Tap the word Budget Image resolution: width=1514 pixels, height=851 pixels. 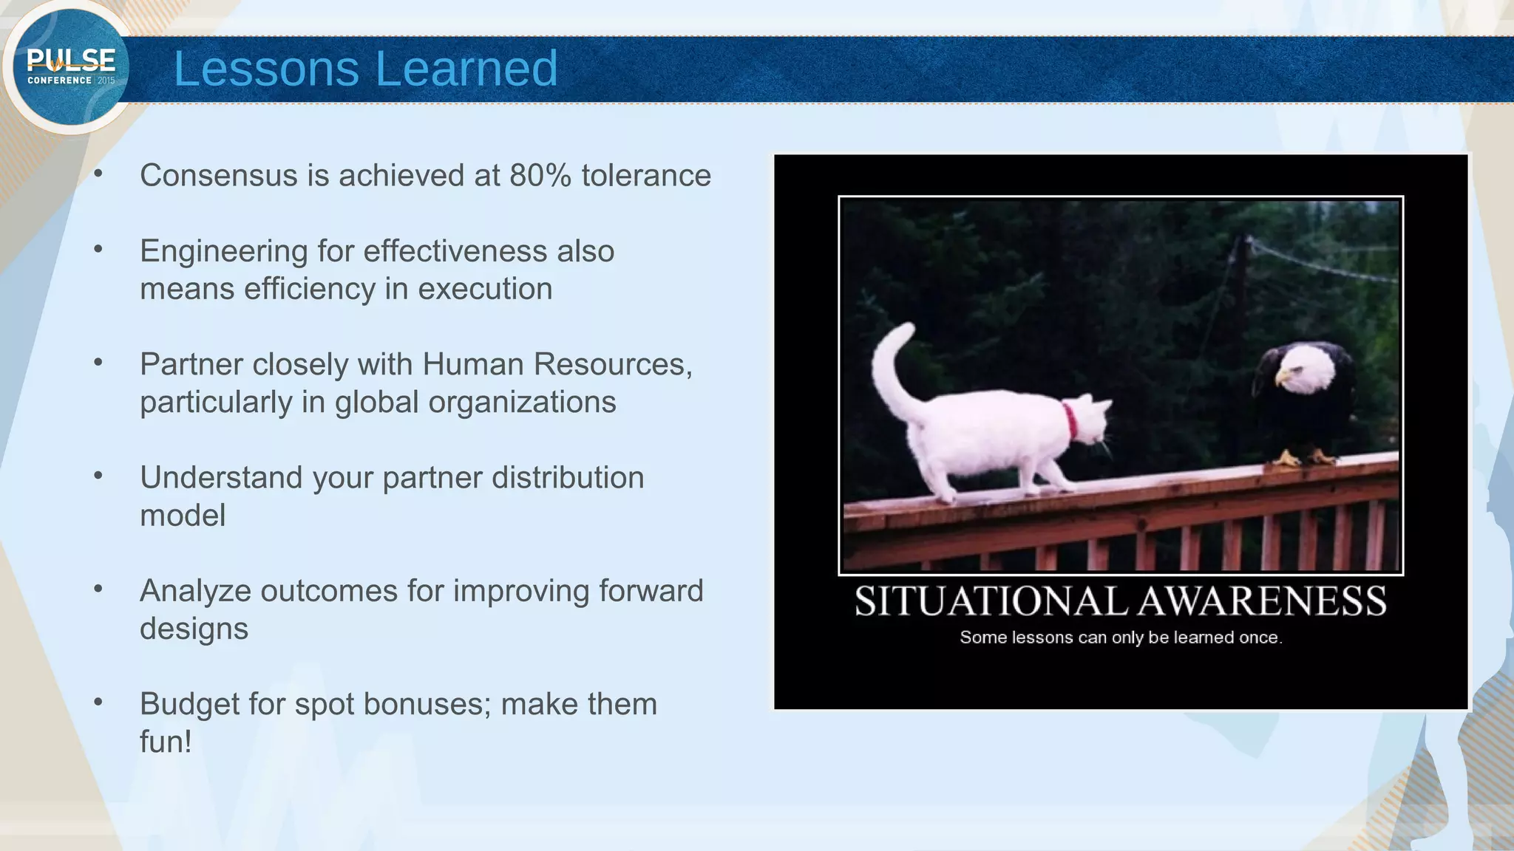tap(189, 704)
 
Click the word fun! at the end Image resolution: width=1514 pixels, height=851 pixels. tap(166, 742)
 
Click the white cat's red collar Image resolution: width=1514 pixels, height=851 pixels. tap(1070, 419)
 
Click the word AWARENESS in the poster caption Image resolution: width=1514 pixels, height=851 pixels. tap(1261, 601)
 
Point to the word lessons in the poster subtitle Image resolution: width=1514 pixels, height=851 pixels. tap(1042, 638)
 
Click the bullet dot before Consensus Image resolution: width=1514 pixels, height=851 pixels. tap(98, 174)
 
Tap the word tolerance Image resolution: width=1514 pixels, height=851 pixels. tap(646, 176)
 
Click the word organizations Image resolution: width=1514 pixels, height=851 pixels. tap(522, 403)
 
